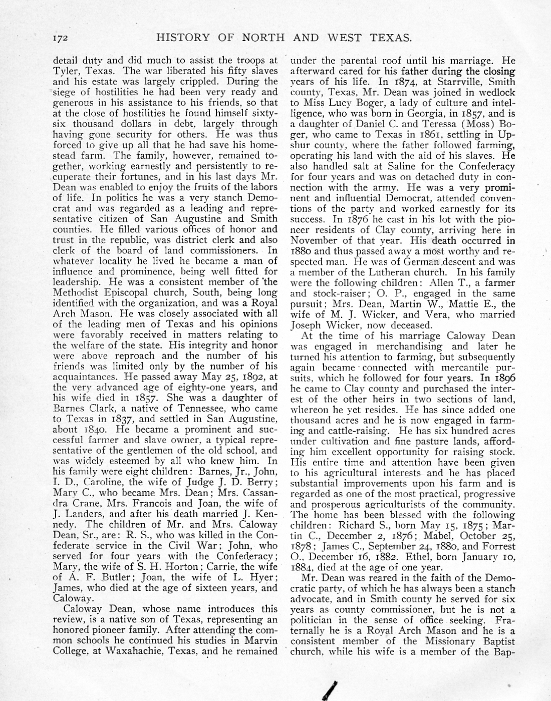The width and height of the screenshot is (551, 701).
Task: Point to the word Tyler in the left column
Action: (67, 71)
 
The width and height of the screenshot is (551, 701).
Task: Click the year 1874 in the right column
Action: (405, 82)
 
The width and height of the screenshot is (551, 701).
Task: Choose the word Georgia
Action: (433, 113)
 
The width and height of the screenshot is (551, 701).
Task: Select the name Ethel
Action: (420, 557)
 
